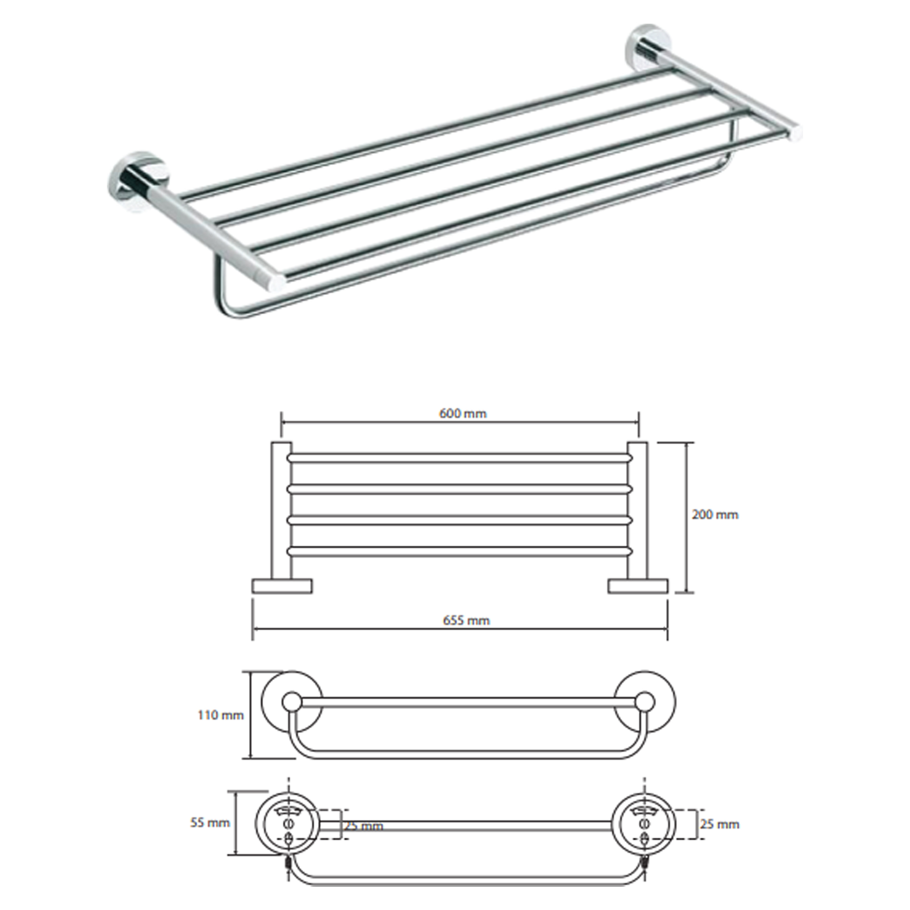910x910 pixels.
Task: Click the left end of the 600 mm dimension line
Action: pyautogui.click(x=282, y=424)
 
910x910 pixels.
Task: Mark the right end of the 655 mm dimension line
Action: pyautogui.click(x=667, y=628)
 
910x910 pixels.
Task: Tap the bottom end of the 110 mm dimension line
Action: pyautogui.click(x=251, y=758)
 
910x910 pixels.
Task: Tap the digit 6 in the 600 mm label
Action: pyautogui.click(x=443, y=414)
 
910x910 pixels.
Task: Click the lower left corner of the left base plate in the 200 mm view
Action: pyautogui.click(x=253, y=592)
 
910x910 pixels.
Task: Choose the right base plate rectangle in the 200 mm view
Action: pyautogui.click(x=638, y=586)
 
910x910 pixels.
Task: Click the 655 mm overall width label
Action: pyautogui.click(x=466, y=620)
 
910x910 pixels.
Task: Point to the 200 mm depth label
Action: pyautogui.click(x=714, y=515)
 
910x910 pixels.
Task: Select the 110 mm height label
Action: pyautogui.click(x=220, y=715)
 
